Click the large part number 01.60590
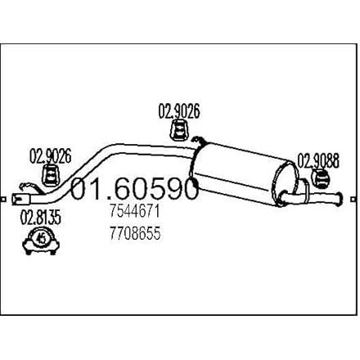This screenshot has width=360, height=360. [134, 188]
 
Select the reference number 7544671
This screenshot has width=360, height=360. [134, 211]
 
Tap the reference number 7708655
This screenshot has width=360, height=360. [135, 233]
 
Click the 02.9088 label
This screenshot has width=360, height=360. [318, 161]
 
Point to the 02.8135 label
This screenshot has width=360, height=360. [41, 218]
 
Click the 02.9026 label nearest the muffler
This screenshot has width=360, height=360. [179, 111]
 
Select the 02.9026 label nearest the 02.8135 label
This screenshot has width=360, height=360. [50, 156]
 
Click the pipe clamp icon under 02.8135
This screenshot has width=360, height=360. [41, 241]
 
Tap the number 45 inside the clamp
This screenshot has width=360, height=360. [42, 239]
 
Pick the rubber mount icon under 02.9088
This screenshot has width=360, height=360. [321, 178]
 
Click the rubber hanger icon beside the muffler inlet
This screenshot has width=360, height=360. [179, 130]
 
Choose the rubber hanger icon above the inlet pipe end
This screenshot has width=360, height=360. [50, 175]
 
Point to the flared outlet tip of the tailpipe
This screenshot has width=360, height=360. [340, 199]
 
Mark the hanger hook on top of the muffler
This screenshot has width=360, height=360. [199, 141]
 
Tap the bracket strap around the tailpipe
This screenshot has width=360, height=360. [304, 190]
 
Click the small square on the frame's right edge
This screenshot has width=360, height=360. [354, 199]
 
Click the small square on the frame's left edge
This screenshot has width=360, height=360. [3, 199]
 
